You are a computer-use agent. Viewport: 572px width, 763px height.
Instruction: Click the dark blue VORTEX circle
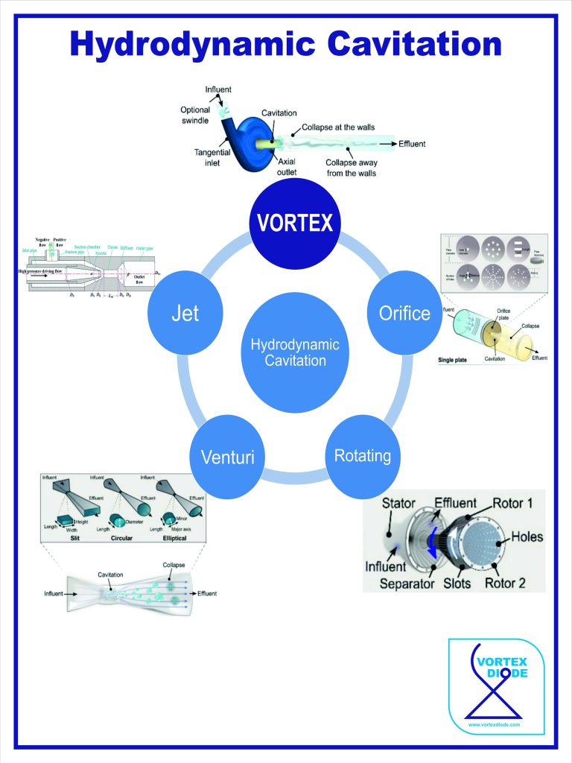tap(295, 222)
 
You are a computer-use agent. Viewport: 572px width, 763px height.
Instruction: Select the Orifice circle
tap(404, 312)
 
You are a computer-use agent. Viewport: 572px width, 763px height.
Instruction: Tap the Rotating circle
tap(363, 455)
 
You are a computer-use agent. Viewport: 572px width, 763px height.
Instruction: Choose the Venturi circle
tap(227, 455)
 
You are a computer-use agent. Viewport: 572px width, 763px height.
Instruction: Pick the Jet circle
tap(185, 312)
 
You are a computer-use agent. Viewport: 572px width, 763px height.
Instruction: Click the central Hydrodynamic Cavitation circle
tap(295, 352)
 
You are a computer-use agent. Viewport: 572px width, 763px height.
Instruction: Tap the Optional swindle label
tap(195, 115)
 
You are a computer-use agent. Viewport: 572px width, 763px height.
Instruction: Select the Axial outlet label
tap(287, 166)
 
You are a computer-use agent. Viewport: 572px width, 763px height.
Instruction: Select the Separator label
tap(407, 583)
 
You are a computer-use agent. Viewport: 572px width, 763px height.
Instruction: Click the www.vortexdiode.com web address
tap(495, 724)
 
